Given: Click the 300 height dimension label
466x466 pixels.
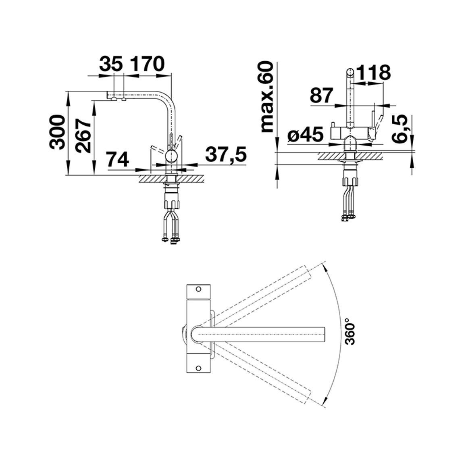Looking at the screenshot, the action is coord(57,132).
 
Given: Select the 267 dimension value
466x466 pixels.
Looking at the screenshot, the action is coord(83,135).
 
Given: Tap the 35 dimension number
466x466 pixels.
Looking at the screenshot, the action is coord(111,64).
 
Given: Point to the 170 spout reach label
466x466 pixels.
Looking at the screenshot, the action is coord(148,64).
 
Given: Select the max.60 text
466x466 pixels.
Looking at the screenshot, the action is coord(266,97).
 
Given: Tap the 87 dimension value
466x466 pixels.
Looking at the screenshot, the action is coord(321,96).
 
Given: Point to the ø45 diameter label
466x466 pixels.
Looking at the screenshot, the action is coord(306,135).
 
